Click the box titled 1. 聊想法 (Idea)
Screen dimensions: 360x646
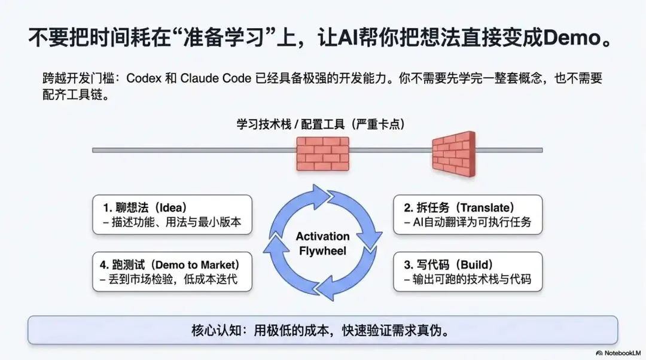(172, 215)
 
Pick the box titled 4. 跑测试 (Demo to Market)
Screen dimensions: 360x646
(172, 272)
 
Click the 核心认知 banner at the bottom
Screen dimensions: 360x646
(322, 330)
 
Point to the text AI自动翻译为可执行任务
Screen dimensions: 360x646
(467, 223)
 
